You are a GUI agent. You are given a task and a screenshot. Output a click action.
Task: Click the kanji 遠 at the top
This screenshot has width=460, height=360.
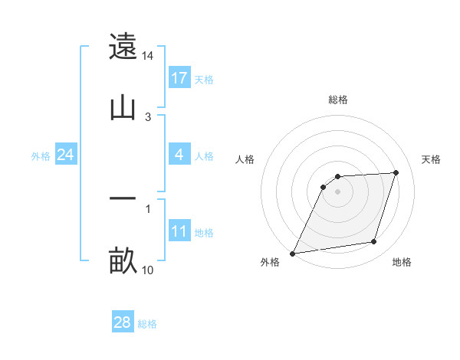pyautogui.click(x=123, y=47)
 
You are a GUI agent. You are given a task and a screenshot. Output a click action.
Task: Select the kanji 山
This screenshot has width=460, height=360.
pyautogui.click(x=123, y=107)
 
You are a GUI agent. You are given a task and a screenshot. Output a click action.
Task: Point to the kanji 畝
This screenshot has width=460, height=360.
pyautogui.click(x=123, y=260)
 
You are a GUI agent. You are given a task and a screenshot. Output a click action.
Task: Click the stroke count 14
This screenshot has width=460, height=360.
pyautogui.click(x=148, y=56)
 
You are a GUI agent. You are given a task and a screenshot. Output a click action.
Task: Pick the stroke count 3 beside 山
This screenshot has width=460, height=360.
pyautogui.click(x=148, y=116)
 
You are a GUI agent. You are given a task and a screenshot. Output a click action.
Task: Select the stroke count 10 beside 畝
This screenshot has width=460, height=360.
pyautogui.click(x=148, y=270)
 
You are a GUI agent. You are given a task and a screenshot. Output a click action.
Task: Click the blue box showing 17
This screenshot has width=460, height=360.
pyautogui.click(x=179, y=78)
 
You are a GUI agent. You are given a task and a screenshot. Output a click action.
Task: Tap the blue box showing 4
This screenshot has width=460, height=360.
pyautogui.click(x=179, y=155)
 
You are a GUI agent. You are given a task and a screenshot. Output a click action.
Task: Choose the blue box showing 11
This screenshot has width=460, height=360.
pyautogui.click(x=179, y=231)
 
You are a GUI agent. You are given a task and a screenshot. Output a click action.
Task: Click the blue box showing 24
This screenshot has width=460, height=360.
pyautogui.click(x=65, y=155)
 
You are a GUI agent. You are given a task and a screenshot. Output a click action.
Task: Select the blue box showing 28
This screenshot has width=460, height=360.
pyautogui.click(x=123, y=322)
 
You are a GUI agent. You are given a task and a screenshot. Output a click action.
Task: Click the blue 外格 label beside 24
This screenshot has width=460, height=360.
pyautogui.click(x=41, y=155)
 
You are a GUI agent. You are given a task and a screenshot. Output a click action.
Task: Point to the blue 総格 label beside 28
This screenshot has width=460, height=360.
pyautogui.click(x=147, y=324)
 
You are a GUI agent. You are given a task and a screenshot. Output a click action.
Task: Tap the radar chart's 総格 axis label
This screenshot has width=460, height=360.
pyautogui.click(x=338, y=100)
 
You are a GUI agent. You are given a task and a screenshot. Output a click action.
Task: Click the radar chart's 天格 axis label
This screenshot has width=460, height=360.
pyautogui.click(x=432, y=159)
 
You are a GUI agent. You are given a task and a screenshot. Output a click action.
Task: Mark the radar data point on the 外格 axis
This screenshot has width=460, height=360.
pyautogui.click(x=292, y=254)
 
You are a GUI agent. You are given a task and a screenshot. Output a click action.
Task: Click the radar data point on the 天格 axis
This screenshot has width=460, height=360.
pyautogui.click(x=396, y=172)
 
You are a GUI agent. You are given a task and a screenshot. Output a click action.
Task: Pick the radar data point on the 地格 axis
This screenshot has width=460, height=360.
pyautogui.click(x=374, y=242)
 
